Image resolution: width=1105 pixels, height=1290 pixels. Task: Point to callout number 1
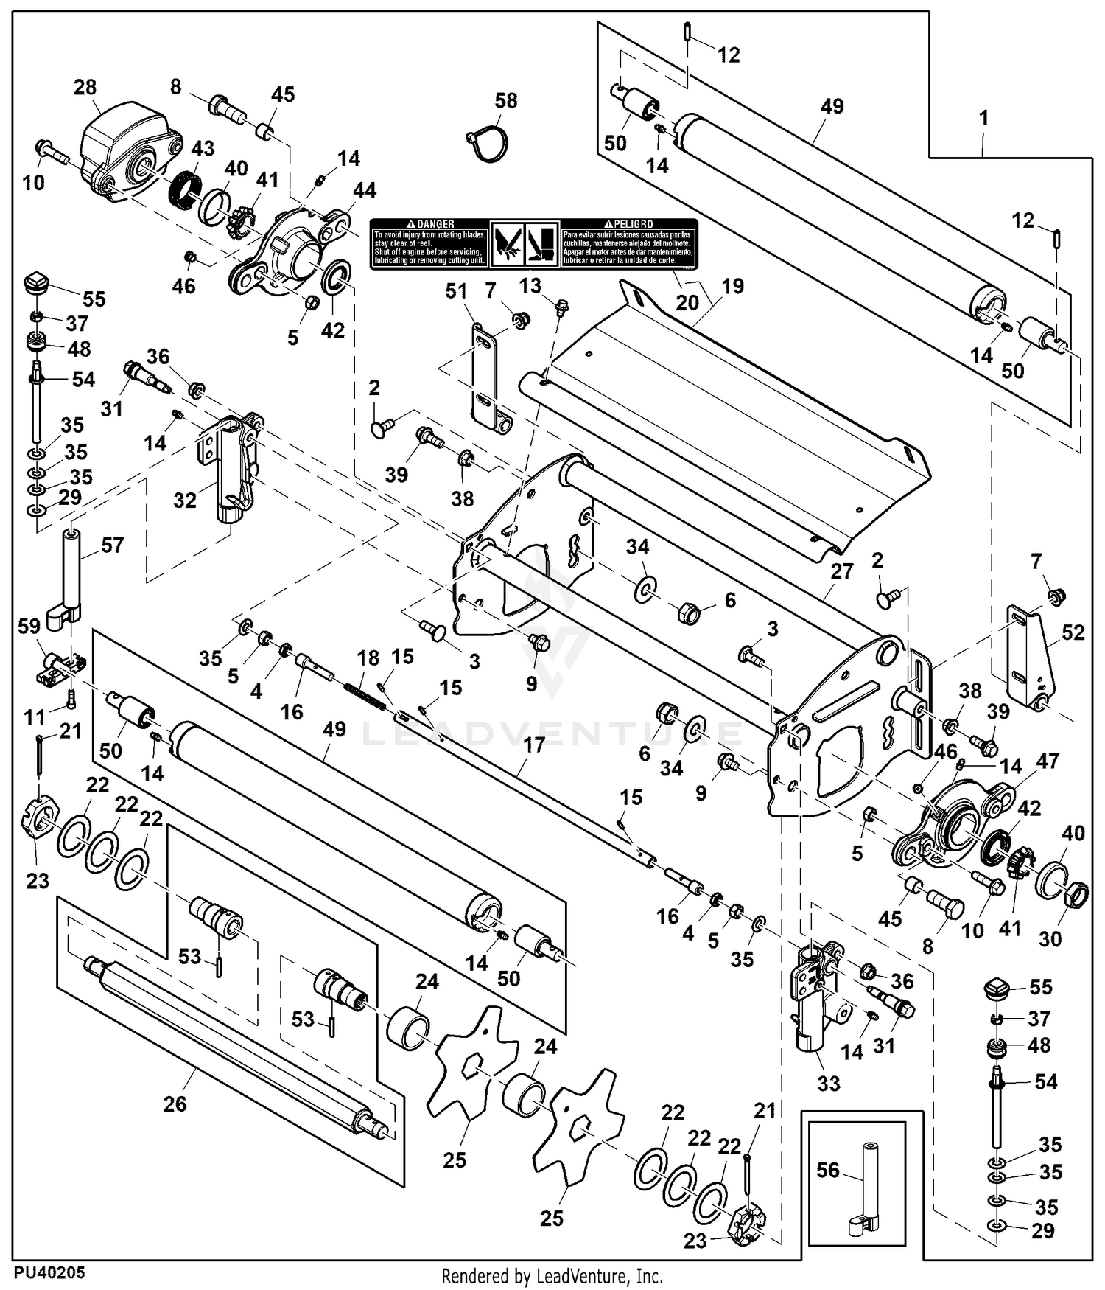tap(983, 118)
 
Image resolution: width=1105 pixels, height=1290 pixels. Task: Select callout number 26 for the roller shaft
tap(175, 1104)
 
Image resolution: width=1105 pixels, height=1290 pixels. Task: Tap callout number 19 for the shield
tap(734, 286)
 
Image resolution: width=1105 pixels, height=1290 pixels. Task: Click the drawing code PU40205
tap(49, 1272)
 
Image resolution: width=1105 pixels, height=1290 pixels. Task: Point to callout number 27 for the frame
tap(841, 571)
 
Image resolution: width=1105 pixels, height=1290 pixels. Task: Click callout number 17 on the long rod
tap(534, 745)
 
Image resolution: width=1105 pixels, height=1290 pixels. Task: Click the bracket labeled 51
tap(484, 376)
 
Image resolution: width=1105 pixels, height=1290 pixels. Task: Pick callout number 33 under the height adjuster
tap(829, 1084)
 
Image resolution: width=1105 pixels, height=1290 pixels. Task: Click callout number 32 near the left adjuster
tap(185, 501)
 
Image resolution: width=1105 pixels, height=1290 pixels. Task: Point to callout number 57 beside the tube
tap(112, 545)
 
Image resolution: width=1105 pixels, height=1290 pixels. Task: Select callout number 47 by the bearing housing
tap(1048, 761)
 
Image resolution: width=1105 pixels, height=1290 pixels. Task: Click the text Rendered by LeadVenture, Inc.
tap(552, 1276)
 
